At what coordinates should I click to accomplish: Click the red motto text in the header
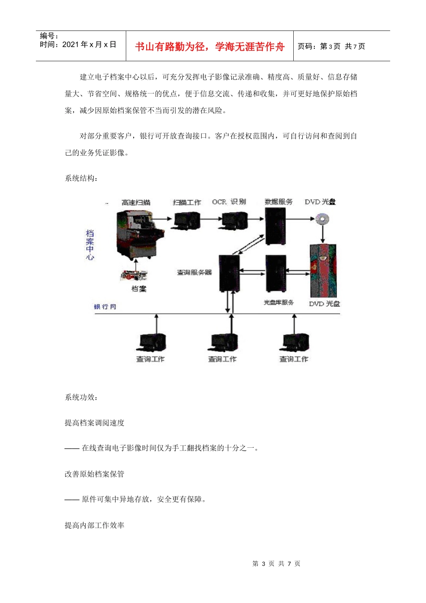[209, 47]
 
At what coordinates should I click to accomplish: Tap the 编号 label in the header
[49, 36]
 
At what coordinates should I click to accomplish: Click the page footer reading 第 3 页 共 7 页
[276, 564]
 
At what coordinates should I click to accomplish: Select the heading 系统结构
[81, 178]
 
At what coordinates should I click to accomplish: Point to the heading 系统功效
[81, 397]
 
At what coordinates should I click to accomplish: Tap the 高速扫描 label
[136, 202]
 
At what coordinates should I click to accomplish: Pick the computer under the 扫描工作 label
[187, 220]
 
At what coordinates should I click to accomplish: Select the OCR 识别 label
[229, 202]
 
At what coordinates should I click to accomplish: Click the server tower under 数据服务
[275, 226]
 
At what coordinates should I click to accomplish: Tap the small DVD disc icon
[322, 219]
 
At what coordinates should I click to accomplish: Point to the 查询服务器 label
[194, 272]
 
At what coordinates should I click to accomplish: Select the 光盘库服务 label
[278, 302]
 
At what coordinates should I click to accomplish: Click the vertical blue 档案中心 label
[90, 245]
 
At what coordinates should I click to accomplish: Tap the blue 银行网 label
[105, 307]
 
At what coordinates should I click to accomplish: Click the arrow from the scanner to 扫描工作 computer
[163, 219]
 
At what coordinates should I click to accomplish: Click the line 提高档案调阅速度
[95, 423]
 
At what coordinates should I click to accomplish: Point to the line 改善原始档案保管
[95, 474]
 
